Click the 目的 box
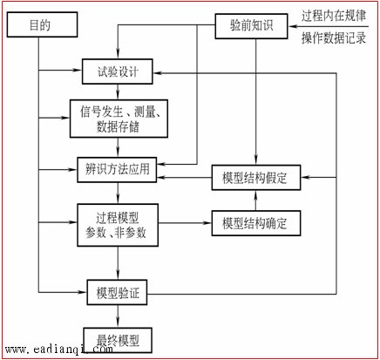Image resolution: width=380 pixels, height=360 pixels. pos(42,24)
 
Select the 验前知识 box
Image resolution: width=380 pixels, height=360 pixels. pos(251,26)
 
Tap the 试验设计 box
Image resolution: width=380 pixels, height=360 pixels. pos(118,71)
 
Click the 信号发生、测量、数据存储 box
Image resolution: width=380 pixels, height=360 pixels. pos(119,119)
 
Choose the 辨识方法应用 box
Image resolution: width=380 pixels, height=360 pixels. pos(117,170)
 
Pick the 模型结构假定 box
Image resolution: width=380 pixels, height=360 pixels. pos(256,178)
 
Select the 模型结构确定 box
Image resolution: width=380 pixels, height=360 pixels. pos(256,223)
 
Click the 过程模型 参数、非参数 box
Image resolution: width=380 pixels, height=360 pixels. pos(118,225)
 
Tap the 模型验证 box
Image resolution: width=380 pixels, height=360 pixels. pos(117,292)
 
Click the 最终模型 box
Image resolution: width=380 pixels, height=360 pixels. pos(118,340)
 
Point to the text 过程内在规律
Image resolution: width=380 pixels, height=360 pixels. pos(334,16)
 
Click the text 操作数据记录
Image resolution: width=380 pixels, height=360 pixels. pos(334,37)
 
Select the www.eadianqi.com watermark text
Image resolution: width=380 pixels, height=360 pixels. pos(59,349)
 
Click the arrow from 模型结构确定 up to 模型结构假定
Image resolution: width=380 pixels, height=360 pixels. pos(255,200)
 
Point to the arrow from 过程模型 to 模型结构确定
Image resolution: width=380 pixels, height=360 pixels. pos(185,223)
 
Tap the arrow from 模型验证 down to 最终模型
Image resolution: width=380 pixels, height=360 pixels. pos(118,316)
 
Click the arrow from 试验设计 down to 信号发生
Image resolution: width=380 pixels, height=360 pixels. pos(118,92)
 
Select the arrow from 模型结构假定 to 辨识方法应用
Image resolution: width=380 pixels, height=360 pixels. pos(184,177)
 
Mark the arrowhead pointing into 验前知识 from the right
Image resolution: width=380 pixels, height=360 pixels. pos(292,26)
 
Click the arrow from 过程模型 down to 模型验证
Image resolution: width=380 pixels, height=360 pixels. pos(118,263)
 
